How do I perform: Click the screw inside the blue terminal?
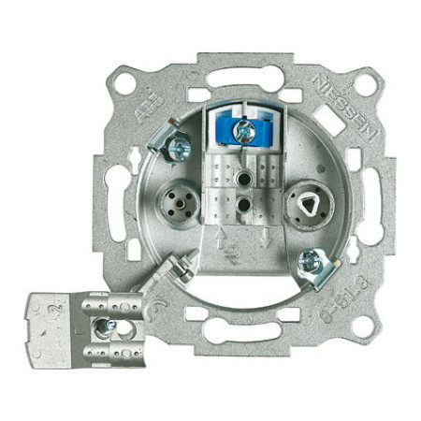(x=244, y=133)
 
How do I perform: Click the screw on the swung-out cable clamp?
(x=107, y=325)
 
